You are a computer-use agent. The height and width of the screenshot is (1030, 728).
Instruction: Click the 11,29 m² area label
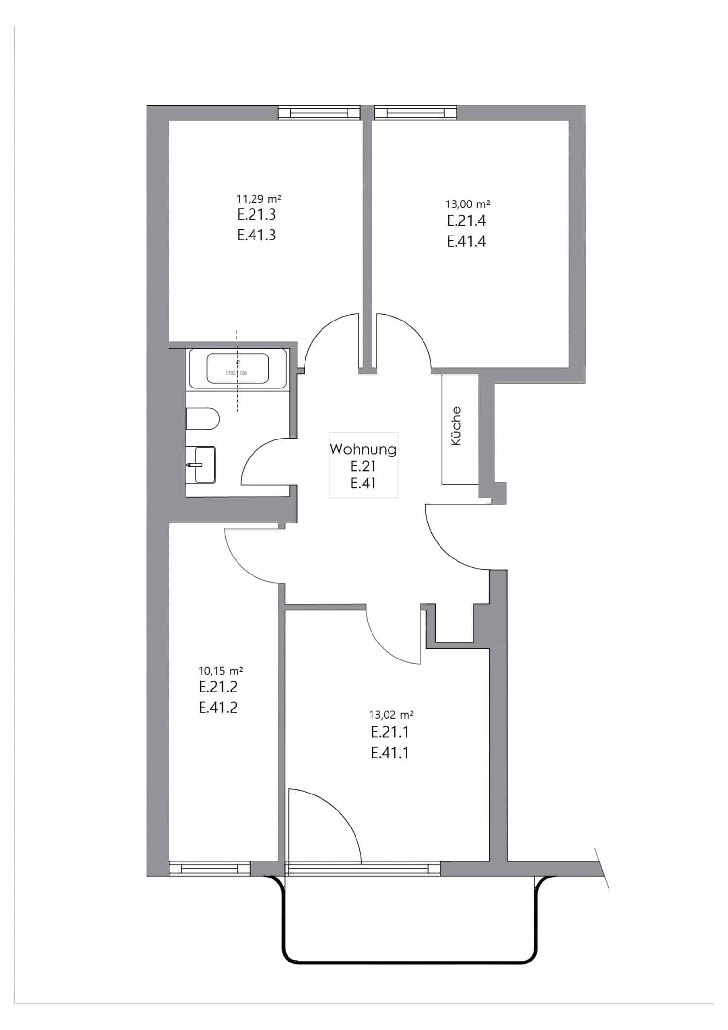(259, 199)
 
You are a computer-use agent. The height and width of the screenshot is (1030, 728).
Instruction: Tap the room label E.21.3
(256, 214)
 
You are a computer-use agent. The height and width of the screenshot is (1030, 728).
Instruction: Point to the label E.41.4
(466, 241)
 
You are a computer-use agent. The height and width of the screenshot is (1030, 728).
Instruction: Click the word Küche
(456, 426)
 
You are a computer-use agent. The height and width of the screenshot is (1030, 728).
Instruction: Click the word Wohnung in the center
(363, 449)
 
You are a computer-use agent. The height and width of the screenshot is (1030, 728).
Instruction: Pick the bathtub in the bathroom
(237, 368)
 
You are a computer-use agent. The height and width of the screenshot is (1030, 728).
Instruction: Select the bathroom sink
(204, 465)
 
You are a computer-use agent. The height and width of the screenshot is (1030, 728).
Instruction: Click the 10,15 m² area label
(220, 671)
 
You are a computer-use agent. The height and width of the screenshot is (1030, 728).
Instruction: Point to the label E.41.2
(218, 708)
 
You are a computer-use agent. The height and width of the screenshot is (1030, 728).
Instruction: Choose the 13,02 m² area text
(391, 715)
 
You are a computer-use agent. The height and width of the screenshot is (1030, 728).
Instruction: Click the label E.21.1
(389, 732)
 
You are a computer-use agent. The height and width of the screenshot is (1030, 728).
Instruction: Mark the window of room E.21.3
(319, 113)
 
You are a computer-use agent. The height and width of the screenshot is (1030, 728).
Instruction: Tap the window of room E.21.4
(416, 113)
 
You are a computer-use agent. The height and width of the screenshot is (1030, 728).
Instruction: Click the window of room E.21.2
(209, 868)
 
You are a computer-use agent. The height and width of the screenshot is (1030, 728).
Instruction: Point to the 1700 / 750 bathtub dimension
(236, 373)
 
